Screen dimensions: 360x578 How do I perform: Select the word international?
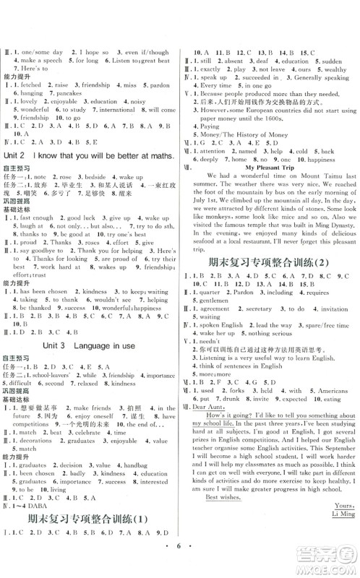point(118,110)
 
